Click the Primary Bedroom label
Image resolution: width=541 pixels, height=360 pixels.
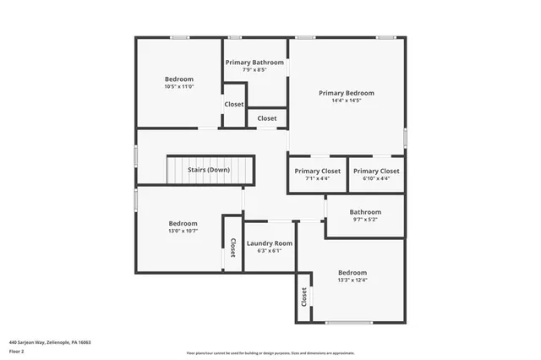(x=346, y=93)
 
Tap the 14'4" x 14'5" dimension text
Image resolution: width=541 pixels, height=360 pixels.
(x=346, y=101)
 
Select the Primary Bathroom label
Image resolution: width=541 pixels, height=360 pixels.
(x=254, y=62)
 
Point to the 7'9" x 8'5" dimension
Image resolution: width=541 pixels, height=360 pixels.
(x=254, y=70)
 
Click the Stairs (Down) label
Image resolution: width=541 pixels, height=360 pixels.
(x=209, y=170)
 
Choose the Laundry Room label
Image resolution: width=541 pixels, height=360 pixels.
(x=269, y=243)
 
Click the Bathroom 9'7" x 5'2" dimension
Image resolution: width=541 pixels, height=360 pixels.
(x=365, y=220)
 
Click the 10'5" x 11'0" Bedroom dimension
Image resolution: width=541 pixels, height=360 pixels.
(x=179, y=86)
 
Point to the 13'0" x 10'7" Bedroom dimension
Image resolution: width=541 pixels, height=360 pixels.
(x=183, y=231)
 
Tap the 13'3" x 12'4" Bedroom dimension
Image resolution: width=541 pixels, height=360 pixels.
(x=352, y=281)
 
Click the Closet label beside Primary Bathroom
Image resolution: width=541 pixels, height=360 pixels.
(x=234, y=105)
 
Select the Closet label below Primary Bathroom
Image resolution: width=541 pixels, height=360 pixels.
(x=266, y=118)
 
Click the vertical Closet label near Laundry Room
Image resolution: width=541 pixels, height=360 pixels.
(x=232, y=248)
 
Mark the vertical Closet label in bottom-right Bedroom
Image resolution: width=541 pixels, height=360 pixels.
(x=303, y=297)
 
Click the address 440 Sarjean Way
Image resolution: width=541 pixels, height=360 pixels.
(x=50, y=342)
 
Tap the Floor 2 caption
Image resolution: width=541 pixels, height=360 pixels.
(x=17, y=351)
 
